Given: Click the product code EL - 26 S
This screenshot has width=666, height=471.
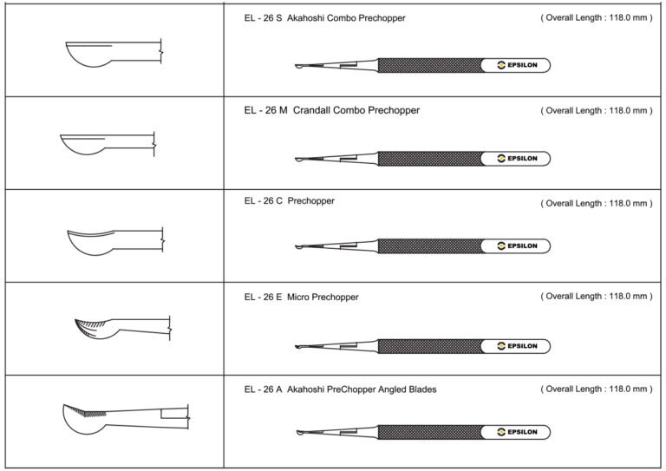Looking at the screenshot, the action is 263,18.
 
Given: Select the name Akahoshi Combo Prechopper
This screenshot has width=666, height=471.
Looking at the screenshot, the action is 346,18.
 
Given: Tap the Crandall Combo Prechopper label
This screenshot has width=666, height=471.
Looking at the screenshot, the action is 356,110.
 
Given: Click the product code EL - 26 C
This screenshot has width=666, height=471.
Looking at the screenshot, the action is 264,201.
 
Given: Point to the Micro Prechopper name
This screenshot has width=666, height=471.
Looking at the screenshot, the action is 323,297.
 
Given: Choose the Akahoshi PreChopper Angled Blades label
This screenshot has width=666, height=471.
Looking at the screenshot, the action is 362,389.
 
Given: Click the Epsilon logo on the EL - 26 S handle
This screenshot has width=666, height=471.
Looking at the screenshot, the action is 518,65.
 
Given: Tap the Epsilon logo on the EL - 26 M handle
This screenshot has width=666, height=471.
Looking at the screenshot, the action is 518,159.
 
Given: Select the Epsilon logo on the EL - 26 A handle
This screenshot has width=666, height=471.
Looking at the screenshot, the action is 518,432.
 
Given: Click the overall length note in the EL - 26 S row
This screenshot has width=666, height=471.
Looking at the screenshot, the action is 597,18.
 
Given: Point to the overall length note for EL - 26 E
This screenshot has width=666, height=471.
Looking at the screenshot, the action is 597,296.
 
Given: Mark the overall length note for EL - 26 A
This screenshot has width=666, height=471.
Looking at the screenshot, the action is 597,389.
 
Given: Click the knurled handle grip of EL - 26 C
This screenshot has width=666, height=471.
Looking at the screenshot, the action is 430,245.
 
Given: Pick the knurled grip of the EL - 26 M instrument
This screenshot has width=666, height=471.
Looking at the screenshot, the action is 430,159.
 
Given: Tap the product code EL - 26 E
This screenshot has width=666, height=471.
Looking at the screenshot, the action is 263,297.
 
